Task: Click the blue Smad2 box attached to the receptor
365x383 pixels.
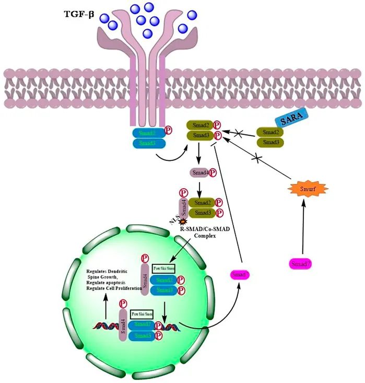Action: tap(148, 133)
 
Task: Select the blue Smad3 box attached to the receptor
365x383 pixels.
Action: tap(148, 143)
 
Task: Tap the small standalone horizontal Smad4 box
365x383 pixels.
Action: tap(200, 172)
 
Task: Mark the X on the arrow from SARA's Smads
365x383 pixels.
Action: tap(240, 135)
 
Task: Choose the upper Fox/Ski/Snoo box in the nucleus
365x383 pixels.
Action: tap(163, 268)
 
